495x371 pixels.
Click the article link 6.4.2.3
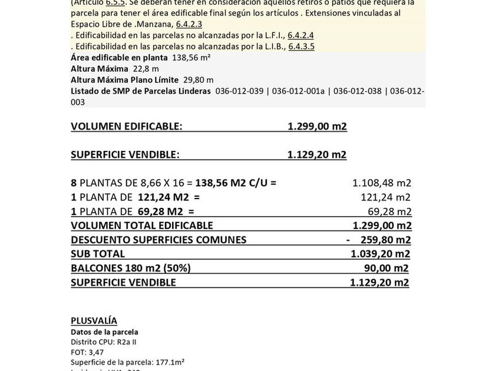(x=189, y=24)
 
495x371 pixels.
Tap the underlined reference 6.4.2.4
(x=301, y=35)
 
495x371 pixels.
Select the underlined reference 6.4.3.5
(x=301, y=47)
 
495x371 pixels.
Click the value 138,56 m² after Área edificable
(x=192, y=58)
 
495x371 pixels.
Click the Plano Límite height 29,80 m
(x=199, y=80)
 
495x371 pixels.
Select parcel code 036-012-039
(x=240, y=91)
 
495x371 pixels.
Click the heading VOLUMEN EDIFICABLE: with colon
(x=127, y=127)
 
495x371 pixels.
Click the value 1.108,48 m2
(x=381, y=183)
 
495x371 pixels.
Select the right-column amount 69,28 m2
(x=390, y=211)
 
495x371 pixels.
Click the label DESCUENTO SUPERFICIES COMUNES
(x=159, y=240)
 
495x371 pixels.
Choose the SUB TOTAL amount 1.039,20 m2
(x=380, y=254)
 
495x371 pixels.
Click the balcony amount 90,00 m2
(x=387, y=268)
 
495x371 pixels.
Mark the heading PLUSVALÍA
(x=94, y=321)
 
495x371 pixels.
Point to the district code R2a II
(x=126, y=342)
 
